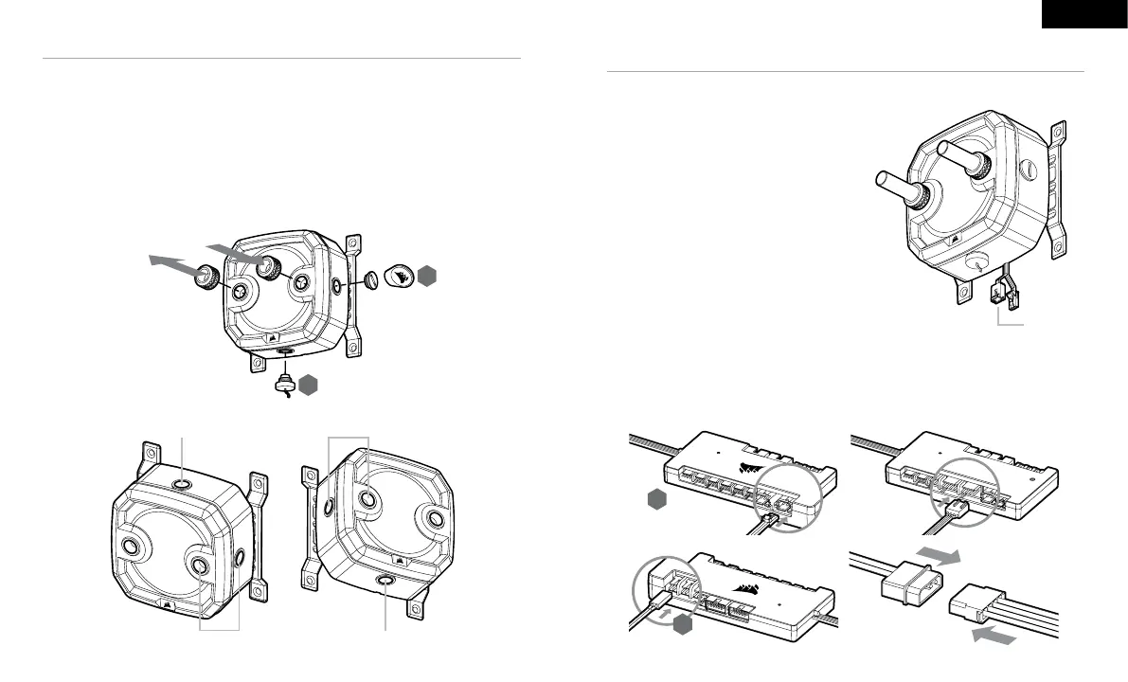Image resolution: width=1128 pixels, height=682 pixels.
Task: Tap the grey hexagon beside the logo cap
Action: (427, 276)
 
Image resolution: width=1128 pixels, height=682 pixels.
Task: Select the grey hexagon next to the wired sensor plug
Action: (309, 384)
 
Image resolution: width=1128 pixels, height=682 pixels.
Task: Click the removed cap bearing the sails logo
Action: (398, 275)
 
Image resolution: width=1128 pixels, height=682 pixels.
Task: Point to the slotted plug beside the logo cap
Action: (370, 279)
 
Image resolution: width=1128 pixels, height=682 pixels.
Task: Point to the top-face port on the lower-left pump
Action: (182, 485)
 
